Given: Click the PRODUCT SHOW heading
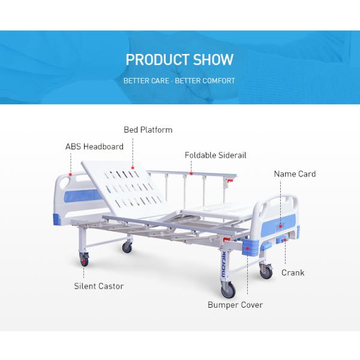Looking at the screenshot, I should [x=179, y=60].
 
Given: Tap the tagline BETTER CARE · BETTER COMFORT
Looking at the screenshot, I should [x=179, y=80].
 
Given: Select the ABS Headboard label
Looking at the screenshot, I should [x=94, y=146].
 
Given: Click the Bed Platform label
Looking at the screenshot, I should [x=148, y=130].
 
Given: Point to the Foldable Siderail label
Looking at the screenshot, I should [x=215, y=155].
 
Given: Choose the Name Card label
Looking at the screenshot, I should [x=295, y=174].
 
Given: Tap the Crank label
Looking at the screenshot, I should [x=293, y=272].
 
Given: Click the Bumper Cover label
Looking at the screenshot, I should [x=235, y=305].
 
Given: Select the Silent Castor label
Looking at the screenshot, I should [x=99, y=286].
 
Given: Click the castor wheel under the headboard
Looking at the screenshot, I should [x=84, y=260].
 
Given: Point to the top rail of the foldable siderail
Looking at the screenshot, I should [x=198, y=173].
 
